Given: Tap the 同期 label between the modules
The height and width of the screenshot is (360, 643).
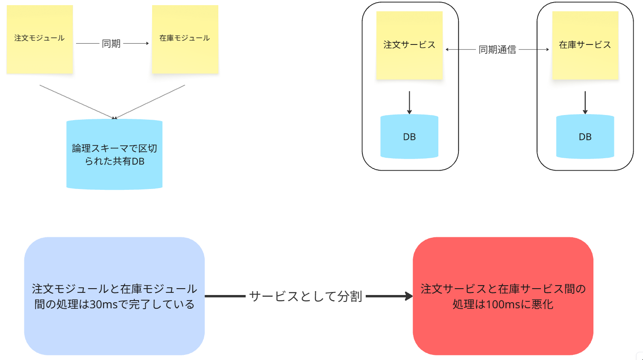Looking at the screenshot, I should coord(111,44).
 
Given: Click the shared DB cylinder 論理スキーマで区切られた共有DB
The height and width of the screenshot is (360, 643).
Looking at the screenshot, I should coord(115,154).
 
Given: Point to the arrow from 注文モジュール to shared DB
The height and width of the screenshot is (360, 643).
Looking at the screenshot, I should coord(77,101).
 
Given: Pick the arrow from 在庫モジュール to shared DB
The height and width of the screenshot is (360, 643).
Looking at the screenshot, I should coord(150,101).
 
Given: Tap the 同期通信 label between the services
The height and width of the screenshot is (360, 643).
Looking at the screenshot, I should coord(497,50).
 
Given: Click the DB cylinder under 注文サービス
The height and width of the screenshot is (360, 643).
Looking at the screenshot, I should coord(409,137).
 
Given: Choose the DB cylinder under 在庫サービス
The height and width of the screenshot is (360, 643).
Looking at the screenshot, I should coord(585,137).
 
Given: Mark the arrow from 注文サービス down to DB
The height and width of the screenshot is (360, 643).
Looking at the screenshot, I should coord(409,103).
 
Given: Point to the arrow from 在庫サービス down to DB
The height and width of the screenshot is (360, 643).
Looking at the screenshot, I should coord(585,103).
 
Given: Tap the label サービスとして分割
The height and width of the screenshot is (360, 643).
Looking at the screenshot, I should coord(306,296).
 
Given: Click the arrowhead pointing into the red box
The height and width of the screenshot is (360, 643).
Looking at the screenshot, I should coord(409,296).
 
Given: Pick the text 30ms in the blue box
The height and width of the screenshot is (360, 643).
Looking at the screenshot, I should coord(103,304).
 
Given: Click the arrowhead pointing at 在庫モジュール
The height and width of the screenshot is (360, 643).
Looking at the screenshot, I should coord(147,43).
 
